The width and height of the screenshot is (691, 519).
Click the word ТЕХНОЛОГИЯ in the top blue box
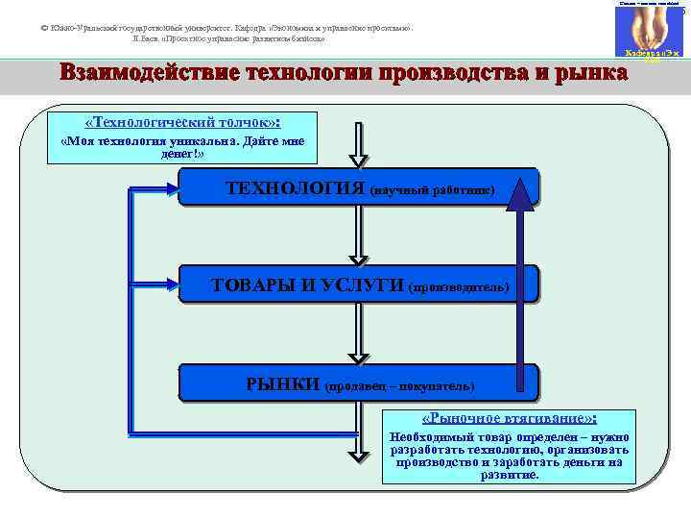coord(294,187)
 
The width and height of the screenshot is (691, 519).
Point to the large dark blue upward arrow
coord(520,279)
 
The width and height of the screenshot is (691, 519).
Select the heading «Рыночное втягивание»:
coord(510,419)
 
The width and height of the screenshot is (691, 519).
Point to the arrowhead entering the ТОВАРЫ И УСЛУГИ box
coord(358,258)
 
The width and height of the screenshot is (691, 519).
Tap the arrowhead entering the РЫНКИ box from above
coord(358,356)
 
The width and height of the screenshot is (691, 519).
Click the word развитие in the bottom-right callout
coord(510,475)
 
